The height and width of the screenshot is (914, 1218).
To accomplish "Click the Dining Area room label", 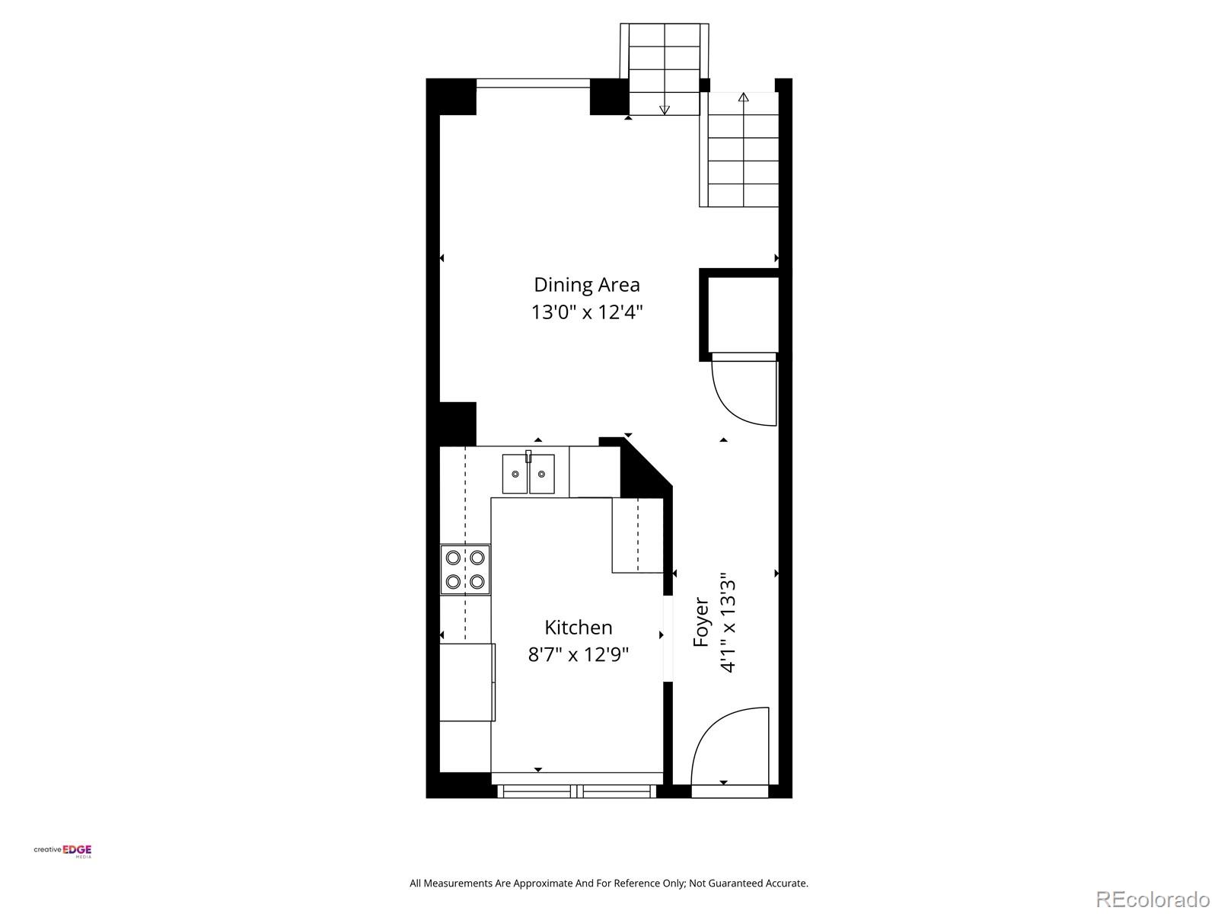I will pyautogui.click(x=586, y=285).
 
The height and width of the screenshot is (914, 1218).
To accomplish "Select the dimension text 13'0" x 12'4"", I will pyautogui.click(x=586, y=312).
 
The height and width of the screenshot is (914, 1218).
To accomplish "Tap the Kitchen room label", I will pyautogui.click(x=578, y=628).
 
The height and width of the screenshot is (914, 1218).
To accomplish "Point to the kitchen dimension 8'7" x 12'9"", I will pyautogui.click(x=578, y=655).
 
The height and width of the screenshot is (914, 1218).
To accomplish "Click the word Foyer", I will pyautogui.click(x=701, y=622).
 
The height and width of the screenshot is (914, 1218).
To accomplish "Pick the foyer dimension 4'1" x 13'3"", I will pyautogui.click(x=729, y=623).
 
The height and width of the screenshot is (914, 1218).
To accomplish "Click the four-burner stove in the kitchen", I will pyautogui.click(x=465, y=570).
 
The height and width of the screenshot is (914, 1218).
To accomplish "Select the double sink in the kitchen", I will pyautogui.click(x=528, y=474).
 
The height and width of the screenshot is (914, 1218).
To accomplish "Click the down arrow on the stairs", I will pyautogui.click(x=664, y=110).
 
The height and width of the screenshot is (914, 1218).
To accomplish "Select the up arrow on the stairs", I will pyautogui.click(x=743, y=97).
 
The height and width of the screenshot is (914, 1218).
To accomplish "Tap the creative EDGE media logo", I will pyautogui.click(x=62, y=851).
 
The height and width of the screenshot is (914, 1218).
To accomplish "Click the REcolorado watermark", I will pyautogui.click(x=1152, y=899).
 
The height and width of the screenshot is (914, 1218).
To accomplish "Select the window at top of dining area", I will pyautogui.click(x=533, y=83).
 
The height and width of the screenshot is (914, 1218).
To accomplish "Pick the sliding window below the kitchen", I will pyautogui.click(x=576, y=791).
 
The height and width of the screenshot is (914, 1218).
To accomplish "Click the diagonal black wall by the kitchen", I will pyautogui.click(x=646, y=468).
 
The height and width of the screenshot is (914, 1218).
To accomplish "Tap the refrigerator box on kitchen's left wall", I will pyautogui.click(x=467, y=682).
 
